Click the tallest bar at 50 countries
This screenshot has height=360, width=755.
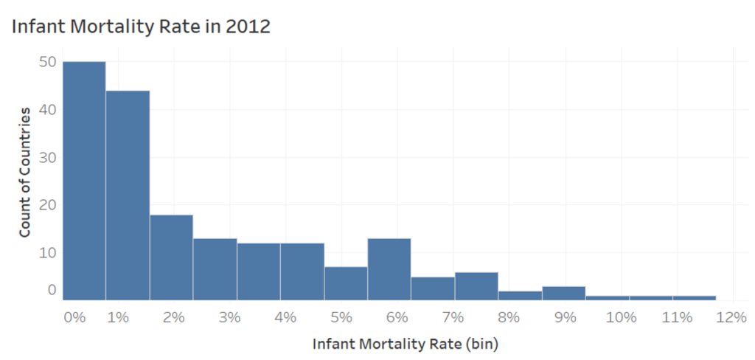click(84, 181)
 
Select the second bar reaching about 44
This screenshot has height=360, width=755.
click(128, 195)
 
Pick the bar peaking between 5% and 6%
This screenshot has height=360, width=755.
click(389, 269)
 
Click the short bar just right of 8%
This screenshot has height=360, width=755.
click(520, 295)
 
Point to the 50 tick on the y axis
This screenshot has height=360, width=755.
click(48, 62)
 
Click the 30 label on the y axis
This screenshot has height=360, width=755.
click(48, 157)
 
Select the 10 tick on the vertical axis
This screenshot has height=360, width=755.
click(48, 252)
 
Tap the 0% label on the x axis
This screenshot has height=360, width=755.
click(74, 317)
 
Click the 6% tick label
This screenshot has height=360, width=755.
click(397, 317)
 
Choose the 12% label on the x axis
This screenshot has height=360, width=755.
click(731, 317)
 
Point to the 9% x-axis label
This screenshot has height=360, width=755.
click(565, 317)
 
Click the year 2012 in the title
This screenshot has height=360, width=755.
click(249, 27)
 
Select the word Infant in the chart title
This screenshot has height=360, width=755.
click(35, 27)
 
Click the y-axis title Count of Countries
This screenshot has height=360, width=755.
click(24, 171)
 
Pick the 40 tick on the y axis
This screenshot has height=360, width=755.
click(48, 109)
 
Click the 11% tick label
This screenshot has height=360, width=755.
click(677, 317)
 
